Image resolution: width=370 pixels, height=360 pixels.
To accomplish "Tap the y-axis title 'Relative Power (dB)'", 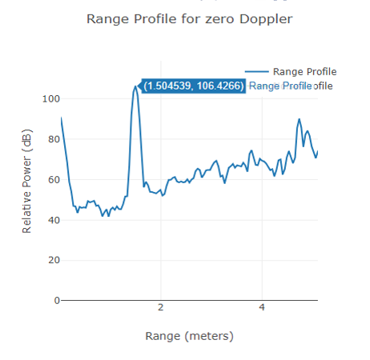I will (26, 183).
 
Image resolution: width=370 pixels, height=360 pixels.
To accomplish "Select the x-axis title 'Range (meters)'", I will (189, 335).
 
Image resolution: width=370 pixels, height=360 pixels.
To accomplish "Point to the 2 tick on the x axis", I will (161, 308).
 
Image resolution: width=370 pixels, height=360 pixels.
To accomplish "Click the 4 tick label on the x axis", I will (262, 308).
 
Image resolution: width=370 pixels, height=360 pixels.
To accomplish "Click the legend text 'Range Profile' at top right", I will (304, 71).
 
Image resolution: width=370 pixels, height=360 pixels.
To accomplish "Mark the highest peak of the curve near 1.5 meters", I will (136, 86).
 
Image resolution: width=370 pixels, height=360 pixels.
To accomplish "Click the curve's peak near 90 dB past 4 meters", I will (299, 119).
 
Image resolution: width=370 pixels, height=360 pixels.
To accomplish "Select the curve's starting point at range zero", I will (61, 118).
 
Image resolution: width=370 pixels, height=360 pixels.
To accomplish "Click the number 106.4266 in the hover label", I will (219, 86).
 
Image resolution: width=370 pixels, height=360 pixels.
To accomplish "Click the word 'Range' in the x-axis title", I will (163, 335).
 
